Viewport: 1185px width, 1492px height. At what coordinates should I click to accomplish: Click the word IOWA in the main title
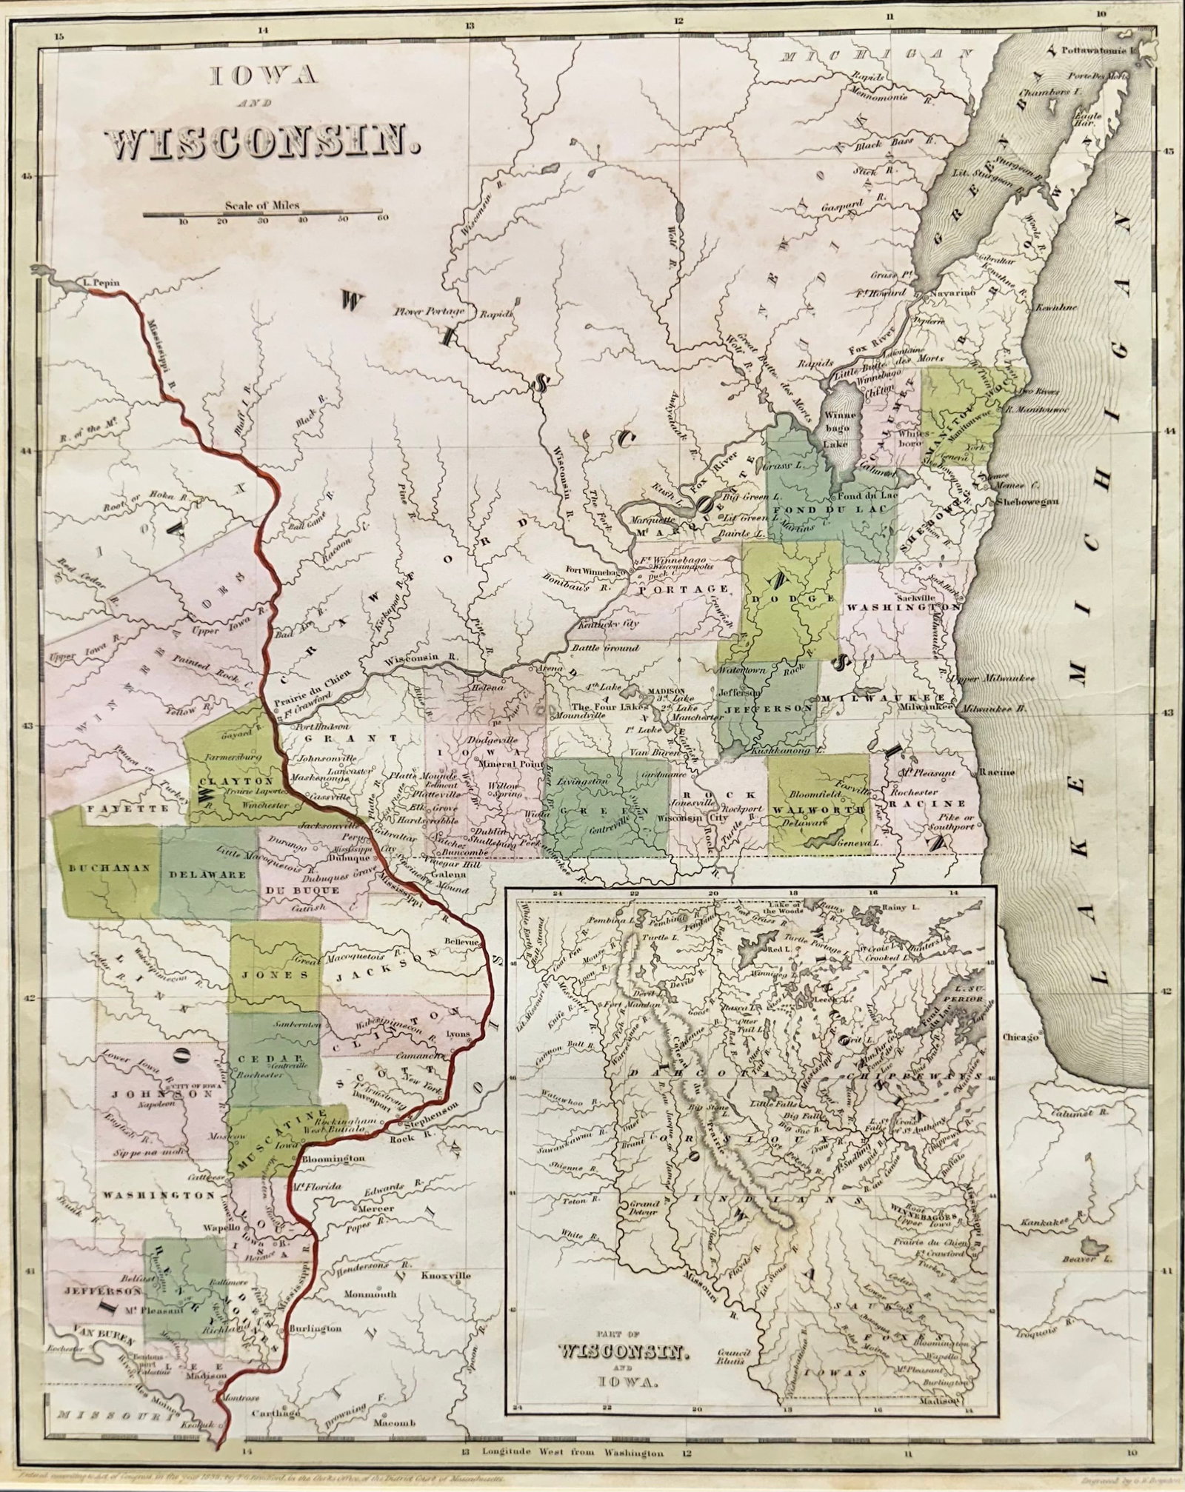pos(264,76)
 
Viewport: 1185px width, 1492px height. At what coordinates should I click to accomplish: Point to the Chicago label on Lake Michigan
pos(1021,1038)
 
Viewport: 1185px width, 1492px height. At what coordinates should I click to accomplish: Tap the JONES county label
pos(274,975)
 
